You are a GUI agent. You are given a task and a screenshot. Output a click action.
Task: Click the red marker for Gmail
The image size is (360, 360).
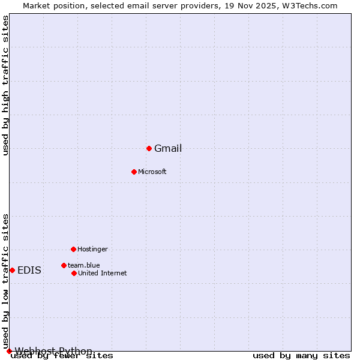click(149, 148)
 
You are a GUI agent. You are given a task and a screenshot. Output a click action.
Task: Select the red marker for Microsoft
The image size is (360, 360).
click(134, 172)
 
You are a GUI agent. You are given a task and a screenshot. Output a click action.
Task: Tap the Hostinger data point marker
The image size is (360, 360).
click(73, 249)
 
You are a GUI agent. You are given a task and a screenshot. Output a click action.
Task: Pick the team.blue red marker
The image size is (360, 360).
click(64, 265)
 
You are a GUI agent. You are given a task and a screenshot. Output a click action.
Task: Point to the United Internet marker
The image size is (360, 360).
click(74, 273)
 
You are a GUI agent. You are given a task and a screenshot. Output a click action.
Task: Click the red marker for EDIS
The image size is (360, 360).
click(12, 270)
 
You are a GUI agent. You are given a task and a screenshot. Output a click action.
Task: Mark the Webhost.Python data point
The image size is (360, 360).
click(9, 351)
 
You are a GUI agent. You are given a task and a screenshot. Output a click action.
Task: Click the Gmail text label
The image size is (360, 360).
click(168, 149)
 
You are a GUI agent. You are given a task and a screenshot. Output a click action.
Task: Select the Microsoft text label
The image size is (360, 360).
click(152, 172)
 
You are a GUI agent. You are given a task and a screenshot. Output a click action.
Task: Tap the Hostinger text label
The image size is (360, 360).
click(92, 250)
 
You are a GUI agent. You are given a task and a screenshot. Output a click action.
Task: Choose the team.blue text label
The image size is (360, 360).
click(84, 266)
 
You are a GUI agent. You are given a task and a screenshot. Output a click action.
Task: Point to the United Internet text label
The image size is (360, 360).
click(103, 274)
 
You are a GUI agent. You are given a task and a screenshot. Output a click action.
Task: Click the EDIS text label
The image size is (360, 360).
click(29, 271)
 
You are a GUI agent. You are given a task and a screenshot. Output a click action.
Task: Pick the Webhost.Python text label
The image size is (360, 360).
click(53, 351)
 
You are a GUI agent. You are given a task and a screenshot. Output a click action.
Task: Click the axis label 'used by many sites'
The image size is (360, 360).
click(301, 356)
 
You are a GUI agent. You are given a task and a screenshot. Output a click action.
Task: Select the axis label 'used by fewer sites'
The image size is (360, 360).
click(62, 356)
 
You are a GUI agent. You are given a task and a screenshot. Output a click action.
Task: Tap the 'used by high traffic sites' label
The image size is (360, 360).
click(6, 85)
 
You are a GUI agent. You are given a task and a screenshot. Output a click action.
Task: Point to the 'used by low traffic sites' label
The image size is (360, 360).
click(6, 281)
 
